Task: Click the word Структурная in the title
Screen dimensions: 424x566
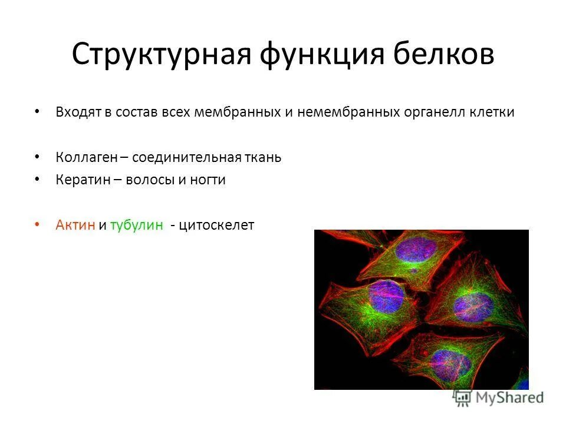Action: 160,55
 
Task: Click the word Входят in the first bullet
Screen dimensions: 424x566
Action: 78,112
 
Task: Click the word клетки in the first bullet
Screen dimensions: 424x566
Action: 491,112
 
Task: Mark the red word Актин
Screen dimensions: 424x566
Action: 75,226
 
